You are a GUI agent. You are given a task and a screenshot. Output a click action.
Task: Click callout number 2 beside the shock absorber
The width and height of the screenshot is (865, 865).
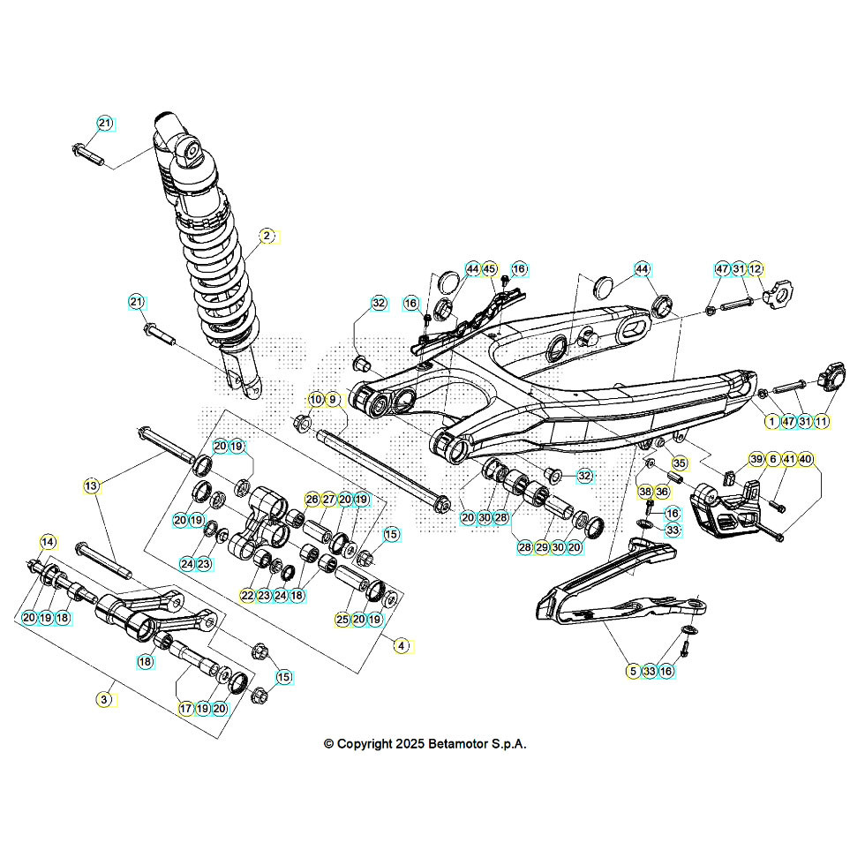[x=265, y=236]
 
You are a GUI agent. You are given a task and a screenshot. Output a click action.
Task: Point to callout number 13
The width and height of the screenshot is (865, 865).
[x=91, y=485]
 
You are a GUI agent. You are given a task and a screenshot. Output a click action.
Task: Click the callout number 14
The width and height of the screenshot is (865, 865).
[x=47, y=541]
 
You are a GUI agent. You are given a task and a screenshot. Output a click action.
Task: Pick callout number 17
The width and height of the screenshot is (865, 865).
[x=185, y=708]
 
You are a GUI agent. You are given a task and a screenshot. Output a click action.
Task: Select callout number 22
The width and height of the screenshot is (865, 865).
[x=247, y=596]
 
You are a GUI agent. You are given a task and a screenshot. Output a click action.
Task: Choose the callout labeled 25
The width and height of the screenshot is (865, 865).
[x=342, y=620]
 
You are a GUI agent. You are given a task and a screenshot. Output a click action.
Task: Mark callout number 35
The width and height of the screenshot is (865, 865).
[x=678, y=463]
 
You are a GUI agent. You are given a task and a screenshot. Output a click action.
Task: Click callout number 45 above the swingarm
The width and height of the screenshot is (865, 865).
[x=490, y=268]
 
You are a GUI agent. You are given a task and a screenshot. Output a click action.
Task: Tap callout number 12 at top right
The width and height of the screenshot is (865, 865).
[x=756, y=268]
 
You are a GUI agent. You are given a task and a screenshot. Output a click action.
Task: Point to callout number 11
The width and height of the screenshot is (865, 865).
[x=822, y=422]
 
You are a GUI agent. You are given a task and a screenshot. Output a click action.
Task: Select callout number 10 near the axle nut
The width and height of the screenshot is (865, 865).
[x=315, y=400]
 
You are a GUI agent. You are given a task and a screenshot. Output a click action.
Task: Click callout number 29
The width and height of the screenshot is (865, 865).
[x=542, y=548]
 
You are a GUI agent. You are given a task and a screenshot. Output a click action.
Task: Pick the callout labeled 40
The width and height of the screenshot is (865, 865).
[x=805, y=459]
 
